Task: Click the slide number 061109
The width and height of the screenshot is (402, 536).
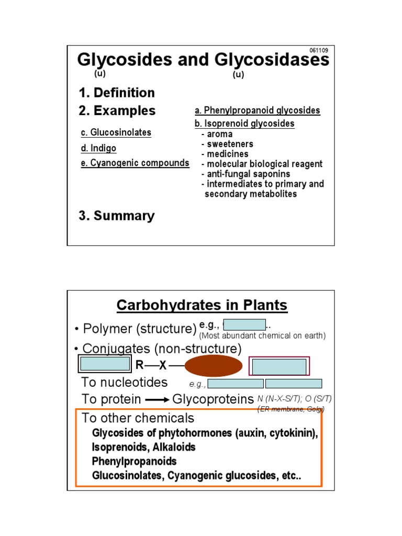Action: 319,50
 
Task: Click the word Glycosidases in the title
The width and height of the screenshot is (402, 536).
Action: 267,60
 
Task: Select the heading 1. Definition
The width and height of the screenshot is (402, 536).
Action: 117,93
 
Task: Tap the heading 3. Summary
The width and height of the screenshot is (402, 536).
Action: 117,216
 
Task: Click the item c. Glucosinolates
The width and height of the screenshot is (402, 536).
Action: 116,132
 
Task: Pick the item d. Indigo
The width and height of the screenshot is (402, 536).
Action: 98,148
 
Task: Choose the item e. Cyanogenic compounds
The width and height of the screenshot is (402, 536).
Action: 135,163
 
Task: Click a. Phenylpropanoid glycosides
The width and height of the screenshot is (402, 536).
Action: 257,110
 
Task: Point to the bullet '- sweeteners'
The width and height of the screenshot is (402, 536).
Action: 227,144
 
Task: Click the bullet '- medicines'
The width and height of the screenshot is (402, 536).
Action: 225,154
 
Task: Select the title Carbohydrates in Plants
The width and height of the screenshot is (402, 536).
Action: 202,305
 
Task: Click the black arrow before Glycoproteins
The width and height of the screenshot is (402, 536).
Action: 157,399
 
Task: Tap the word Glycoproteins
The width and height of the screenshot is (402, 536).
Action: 209,399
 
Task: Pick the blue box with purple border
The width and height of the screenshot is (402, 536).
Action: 279,367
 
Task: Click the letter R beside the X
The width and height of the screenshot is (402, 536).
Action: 139,366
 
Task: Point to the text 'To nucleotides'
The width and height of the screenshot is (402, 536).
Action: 124,382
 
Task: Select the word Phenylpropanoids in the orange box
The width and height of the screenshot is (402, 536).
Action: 135,462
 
